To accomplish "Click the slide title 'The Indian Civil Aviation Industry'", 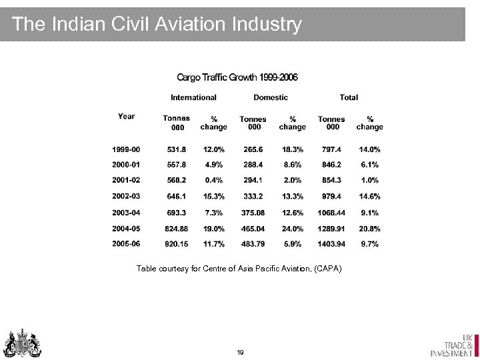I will [x=157, y=25].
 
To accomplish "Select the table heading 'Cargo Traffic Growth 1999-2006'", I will [x=237, y=77].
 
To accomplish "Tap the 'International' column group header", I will [x=193, y=97].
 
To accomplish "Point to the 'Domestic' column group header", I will [x=271, y=97].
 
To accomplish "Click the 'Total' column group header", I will [x=349, y=97].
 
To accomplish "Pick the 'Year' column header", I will [x=126, y=117].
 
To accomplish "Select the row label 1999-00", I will [x=126, y=149].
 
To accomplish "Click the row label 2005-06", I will [x=126, y=244].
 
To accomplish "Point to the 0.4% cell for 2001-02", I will [x=213, y=181].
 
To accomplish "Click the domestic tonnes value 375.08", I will [x=253, y=213].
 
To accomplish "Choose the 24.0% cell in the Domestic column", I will [x=292, y=229].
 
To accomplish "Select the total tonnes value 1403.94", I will [x=331, y=244].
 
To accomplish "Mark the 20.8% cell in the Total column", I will [x=369, y=229].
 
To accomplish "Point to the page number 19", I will [x=240, y=351].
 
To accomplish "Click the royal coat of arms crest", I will [x=23, y=343].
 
